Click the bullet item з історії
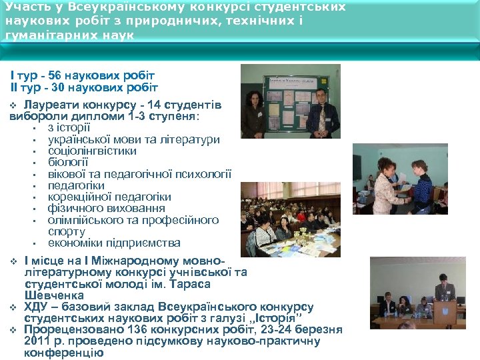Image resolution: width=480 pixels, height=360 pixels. pyautogui.click(x=69, y=127)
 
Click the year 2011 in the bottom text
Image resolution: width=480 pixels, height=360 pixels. pyautogui.click(x=36, y=341)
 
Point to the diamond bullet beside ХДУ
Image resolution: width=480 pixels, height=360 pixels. pyautogui.click(x=13, y=307)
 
